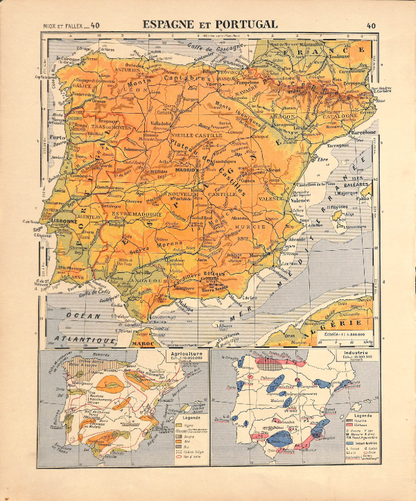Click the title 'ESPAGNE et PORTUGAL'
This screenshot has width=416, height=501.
coord(210,24)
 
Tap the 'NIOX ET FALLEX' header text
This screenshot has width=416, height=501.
coord(60,26)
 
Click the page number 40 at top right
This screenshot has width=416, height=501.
coord(371,26)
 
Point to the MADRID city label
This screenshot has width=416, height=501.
coord(186,169)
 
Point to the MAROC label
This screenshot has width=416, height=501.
coord(143,343)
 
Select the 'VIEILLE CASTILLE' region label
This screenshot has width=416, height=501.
coord(196,135)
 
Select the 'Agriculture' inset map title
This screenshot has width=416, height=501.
coord(186,353)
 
